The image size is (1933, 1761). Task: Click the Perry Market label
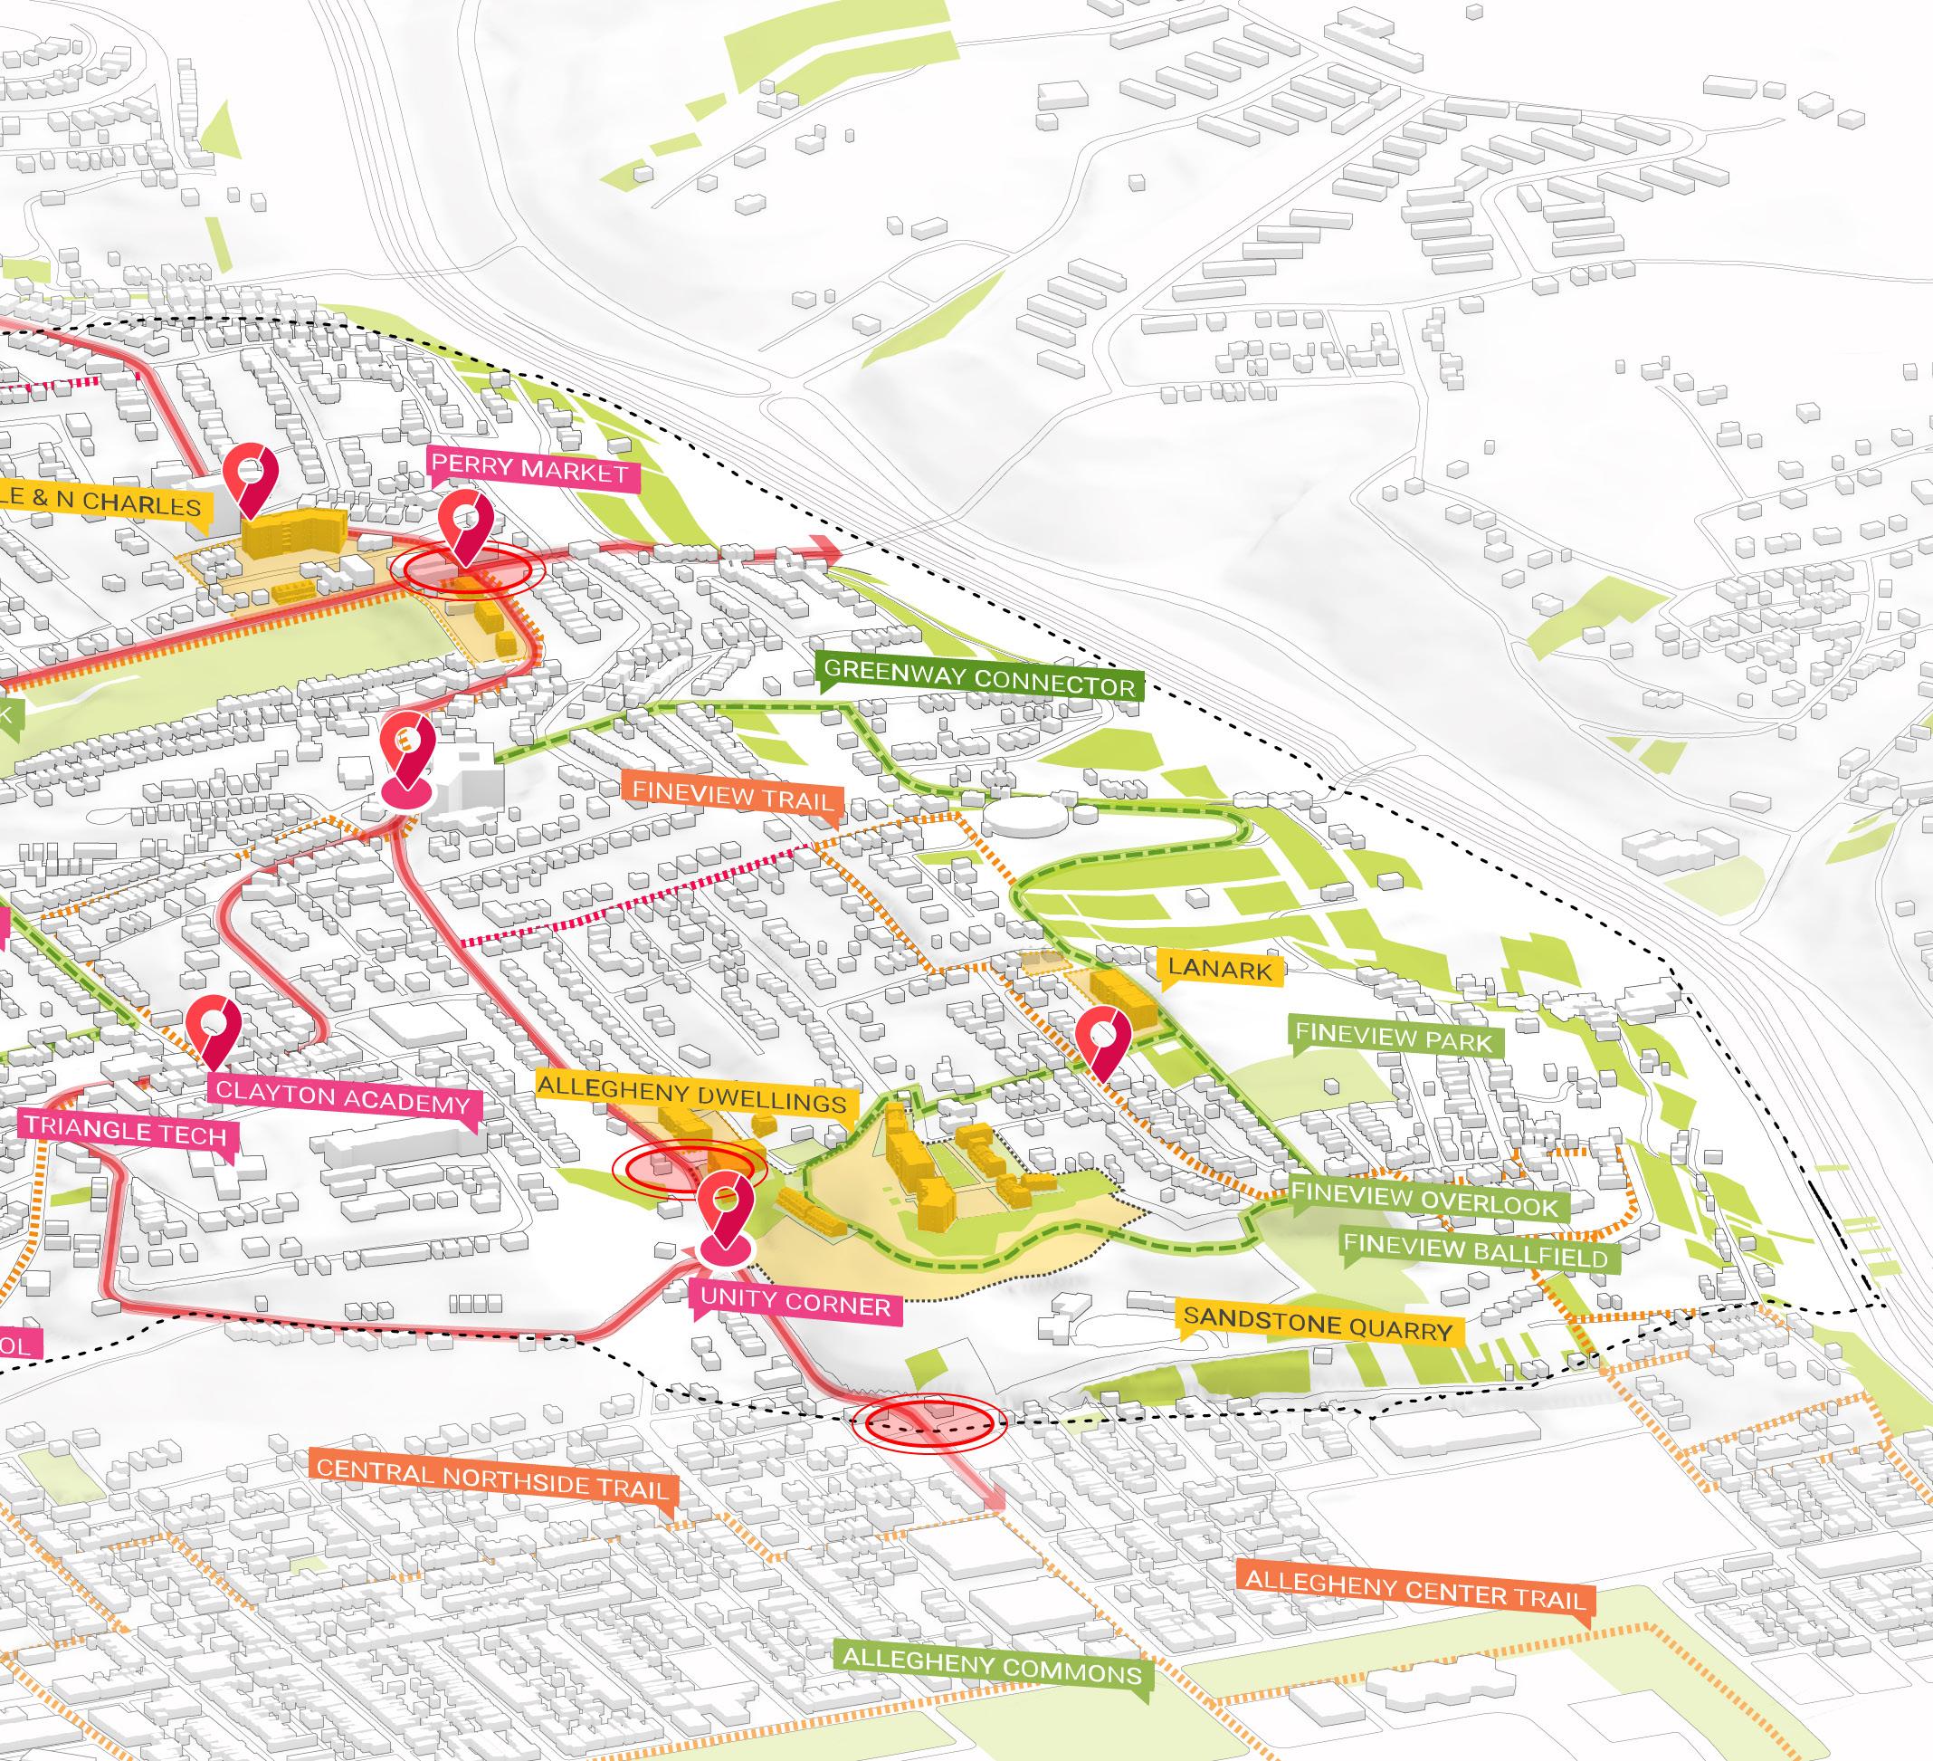[x=529, y=471]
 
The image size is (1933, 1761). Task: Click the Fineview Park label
[x=1393, y=1038]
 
